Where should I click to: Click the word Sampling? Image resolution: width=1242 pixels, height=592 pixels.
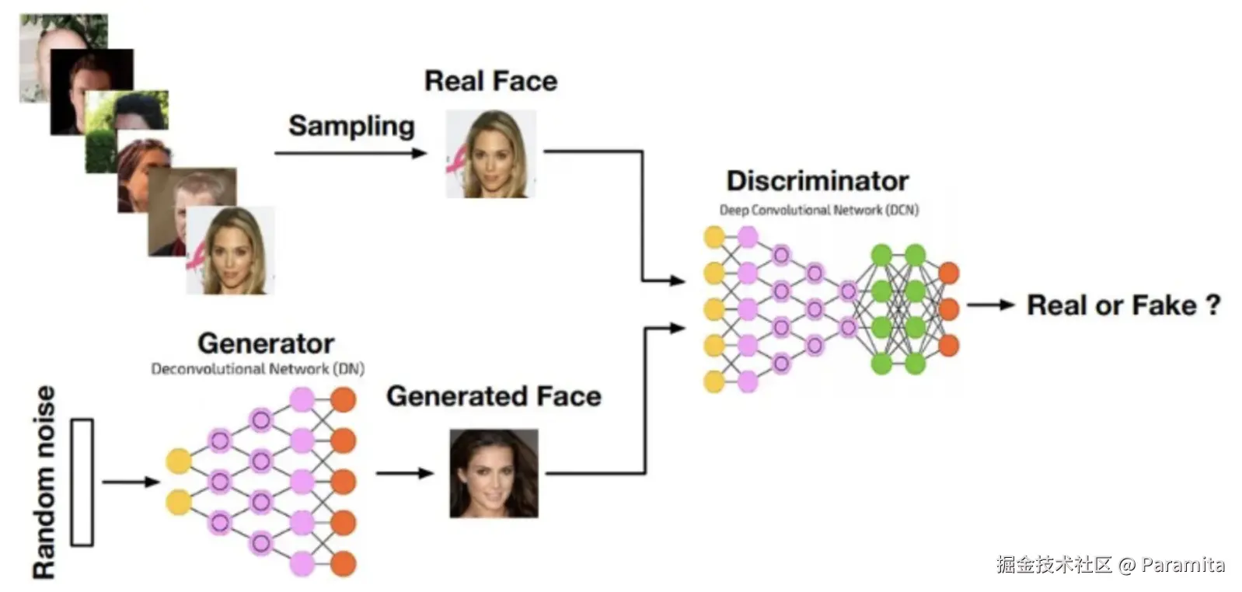pyautogui.click(x=351, y=126)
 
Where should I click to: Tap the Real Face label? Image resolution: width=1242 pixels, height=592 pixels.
pyautogui.click(x=490, y=81)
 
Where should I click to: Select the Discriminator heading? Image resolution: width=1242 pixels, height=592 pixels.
pyautogui.click(x=817, y=181)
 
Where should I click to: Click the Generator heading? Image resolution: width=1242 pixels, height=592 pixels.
pyautogui.click(x=266, y=343)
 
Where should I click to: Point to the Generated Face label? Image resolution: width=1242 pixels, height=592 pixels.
pyautogui.click(x=494, y=396)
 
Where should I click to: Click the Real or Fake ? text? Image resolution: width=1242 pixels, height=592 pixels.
pyautogui.click(x=1123, y=305)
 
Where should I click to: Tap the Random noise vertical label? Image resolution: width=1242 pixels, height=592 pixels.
pyautogui.click(x=44, y=482)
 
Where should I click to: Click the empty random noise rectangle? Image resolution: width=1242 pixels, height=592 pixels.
pyautogui.click(x=82, y=482)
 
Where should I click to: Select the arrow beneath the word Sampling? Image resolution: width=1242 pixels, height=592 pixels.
pyautogui.click(x=351, y=153)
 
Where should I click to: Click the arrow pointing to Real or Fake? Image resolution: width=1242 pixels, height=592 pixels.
pyautogui.click(x=990, y=305)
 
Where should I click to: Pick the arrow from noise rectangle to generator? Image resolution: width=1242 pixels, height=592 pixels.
pyautogui.click(x=130, y=482)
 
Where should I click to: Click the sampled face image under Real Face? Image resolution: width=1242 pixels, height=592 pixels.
pyautogui.click(x=490, y=154)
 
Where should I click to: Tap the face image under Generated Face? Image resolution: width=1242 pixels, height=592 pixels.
pyautogui.click(x=494, y=473)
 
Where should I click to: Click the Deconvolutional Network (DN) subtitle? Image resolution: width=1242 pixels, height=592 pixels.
pyautogui.click(x=257, y=369)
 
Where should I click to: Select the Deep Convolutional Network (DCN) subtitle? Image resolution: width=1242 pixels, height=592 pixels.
pyautogui.click(x=818, y=210)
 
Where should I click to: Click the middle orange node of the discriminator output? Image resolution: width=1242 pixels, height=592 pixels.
pyautogui.click(x=948, y=308)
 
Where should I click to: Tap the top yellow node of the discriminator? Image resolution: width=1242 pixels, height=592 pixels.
pyautogui.click(x=713, y=237)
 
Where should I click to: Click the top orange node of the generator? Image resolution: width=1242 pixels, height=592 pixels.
pyautogui.click(x=343, y=400)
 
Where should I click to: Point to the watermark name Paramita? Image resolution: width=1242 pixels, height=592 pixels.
pyautogui.click(x=1183, y=565)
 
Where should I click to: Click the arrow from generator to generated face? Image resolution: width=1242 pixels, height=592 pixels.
pyautogui.click(x=404, y=473)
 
